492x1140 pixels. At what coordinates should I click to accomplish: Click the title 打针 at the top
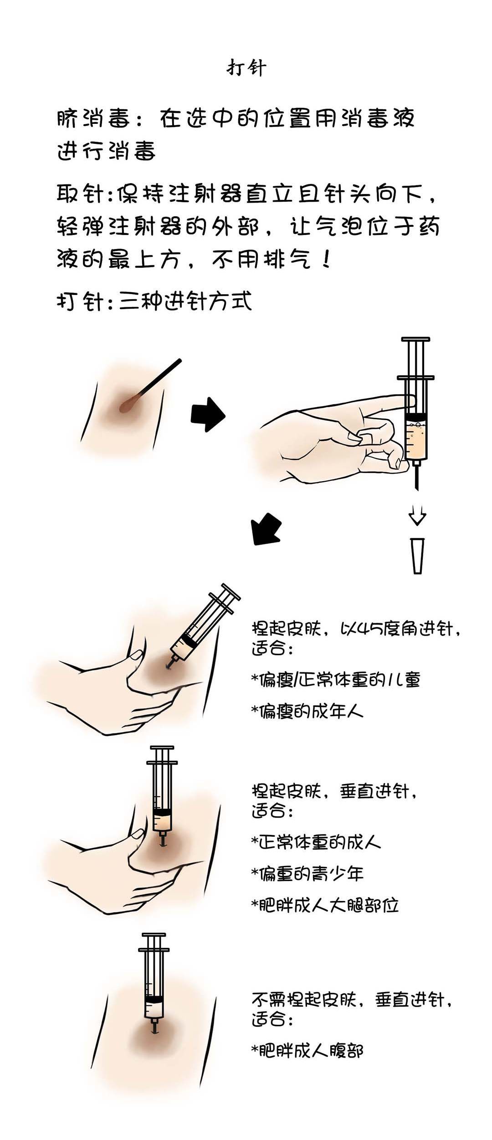coord(246,68)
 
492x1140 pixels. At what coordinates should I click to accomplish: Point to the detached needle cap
coord(417,555)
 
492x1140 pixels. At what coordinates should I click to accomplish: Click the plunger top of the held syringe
coord(415,340)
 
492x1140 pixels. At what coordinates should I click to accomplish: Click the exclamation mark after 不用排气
coord(325,260)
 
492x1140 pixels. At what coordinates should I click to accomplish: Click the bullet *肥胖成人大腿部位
coord(325,905)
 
